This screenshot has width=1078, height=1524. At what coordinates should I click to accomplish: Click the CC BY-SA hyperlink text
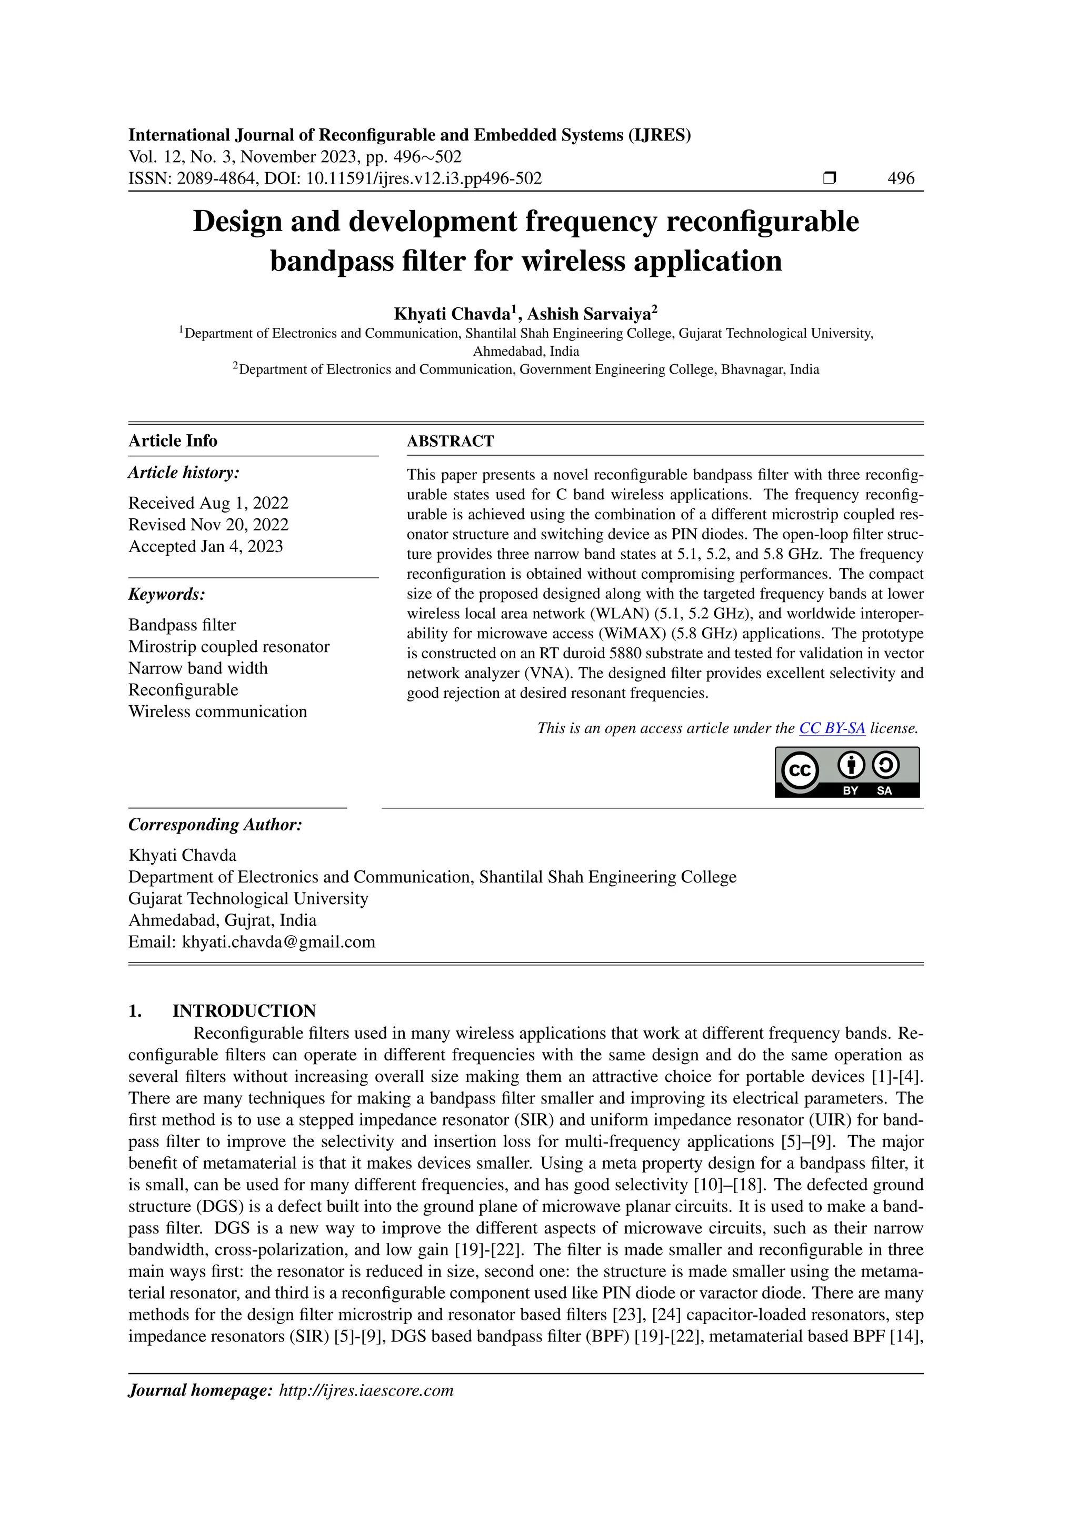[x=832, y=728]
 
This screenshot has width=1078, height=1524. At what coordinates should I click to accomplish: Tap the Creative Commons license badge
[x=847, y=772]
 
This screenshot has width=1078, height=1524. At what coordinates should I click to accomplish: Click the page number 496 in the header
[x=900, y=178]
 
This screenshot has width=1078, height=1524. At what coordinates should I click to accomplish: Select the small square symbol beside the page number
[x=829, y=178]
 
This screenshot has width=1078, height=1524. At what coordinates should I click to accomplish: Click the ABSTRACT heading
[x=450, y=442]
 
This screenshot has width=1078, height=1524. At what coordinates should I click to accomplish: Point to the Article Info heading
[x=173, y=441]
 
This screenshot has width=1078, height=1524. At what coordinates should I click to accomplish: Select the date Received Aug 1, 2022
[x=208, y=503]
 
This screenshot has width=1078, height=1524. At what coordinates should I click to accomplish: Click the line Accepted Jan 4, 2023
[x=206, y=546]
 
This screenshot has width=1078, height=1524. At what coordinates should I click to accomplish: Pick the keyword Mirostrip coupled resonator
[x=229, y=647]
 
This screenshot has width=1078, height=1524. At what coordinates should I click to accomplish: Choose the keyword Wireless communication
[x=218, y=711]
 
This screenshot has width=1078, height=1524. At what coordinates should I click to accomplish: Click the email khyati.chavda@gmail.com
[x=279, y=942]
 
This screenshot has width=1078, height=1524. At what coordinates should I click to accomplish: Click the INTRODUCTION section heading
[x=244, y=1011]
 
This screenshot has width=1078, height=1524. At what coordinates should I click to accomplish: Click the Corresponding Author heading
[x=215, y=825]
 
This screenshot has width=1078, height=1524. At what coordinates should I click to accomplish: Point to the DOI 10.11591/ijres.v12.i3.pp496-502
[x=424, y=178]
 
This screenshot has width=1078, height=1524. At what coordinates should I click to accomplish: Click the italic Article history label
[x=184, y=473]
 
